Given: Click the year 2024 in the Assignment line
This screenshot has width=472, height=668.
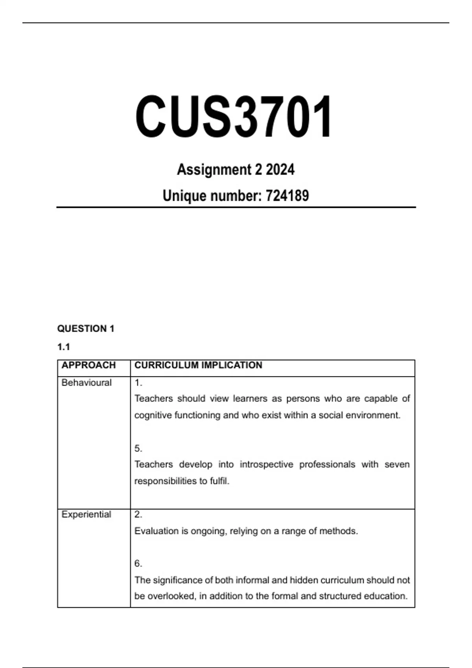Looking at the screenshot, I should coord(280,170).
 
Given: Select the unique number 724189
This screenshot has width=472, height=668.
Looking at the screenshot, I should coord(287,196).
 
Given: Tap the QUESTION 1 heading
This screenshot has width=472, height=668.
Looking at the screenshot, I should coord(86,328).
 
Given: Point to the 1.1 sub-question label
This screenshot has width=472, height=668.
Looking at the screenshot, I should coord(64,347).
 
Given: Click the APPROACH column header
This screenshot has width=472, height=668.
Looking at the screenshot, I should coord(88,365).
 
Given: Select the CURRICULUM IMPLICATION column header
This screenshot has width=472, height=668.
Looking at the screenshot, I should coord(198,365).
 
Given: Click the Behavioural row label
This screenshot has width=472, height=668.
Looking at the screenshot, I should coord(87,383).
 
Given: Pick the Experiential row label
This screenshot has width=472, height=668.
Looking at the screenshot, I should coord(86,514).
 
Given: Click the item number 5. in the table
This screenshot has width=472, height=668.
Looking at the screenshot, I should coord(138,448).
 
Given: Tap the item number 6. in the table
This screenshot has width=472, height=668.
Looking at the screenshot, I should coord(138,563).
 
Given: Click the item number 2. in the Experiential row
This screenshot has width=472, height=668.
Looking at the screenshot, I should coord(138,514).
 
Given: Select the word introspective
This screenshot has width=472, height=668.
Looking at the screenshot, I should coord(266,464).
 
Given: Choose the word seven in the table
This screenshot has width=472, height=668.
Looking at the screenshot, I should coord(397,464).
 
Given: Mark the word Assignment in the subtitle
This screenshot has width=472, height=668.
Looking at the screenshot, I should coord(214,170).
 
